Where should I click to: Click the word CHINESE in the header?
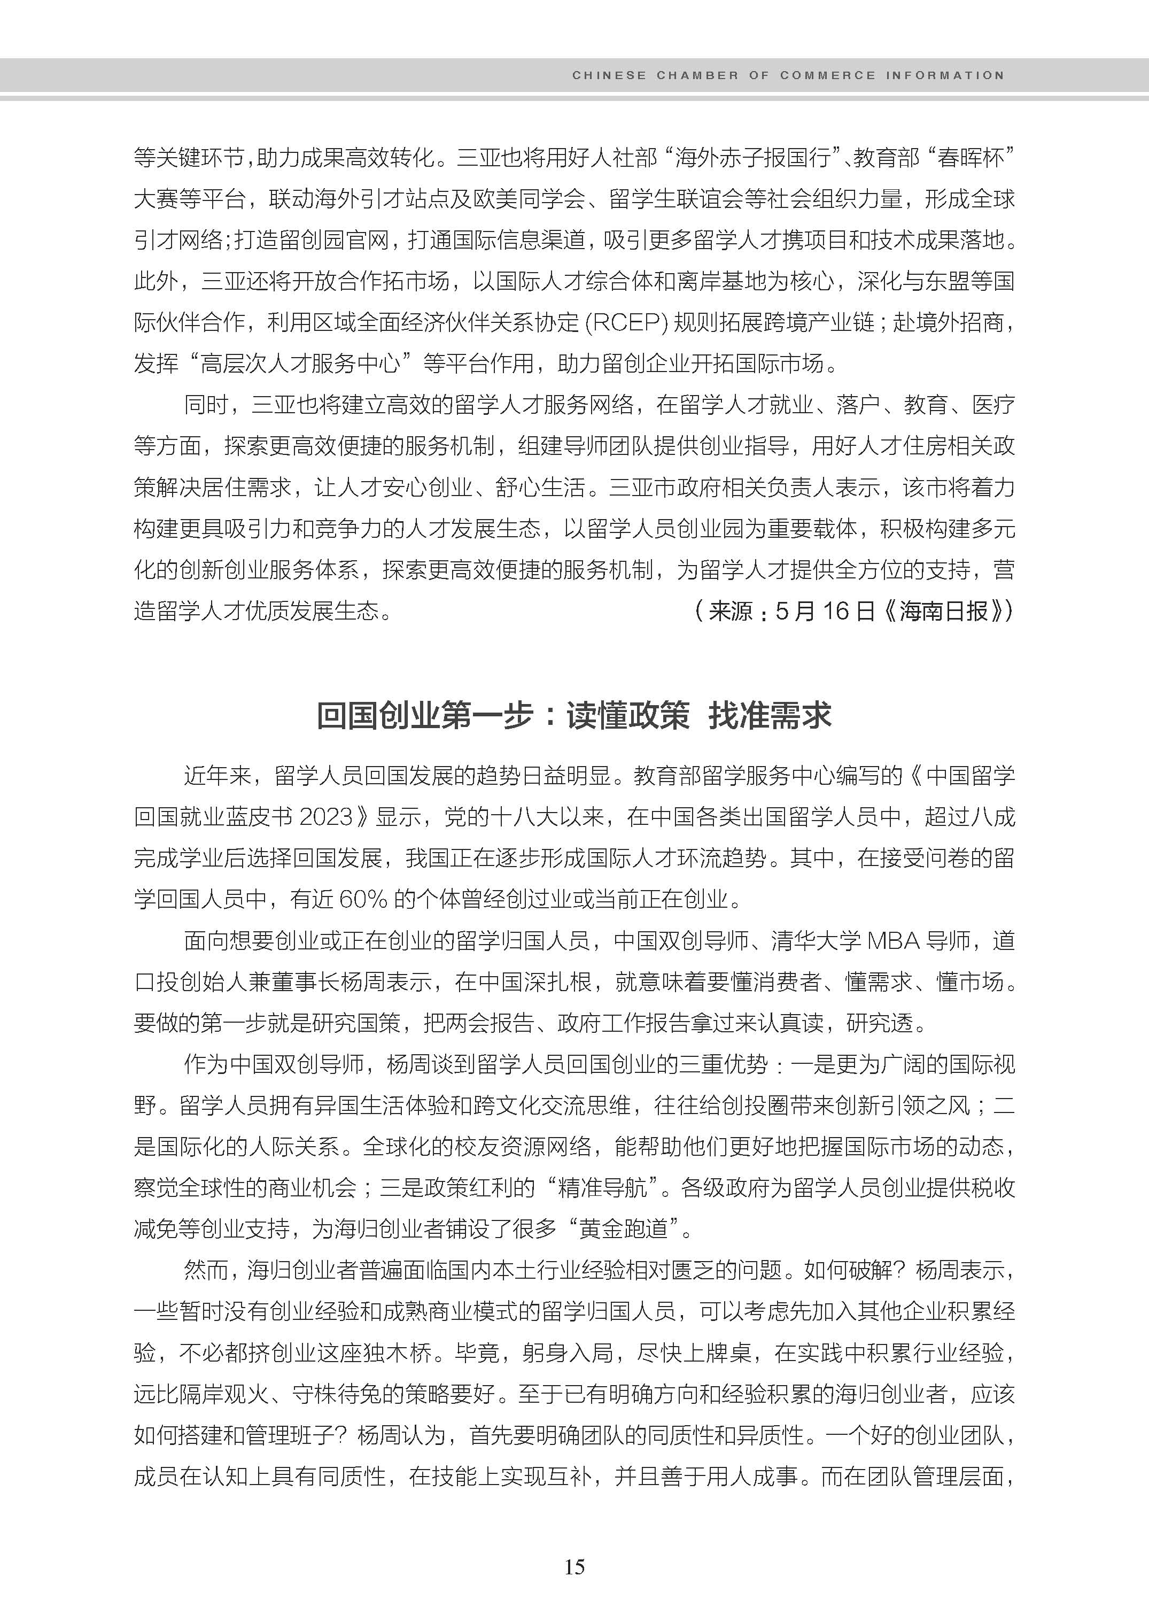tap(609, 75)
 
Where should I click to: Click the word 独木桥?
tap(398, 1352)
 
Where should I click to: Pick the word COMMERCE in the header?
tap(827, 75)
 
